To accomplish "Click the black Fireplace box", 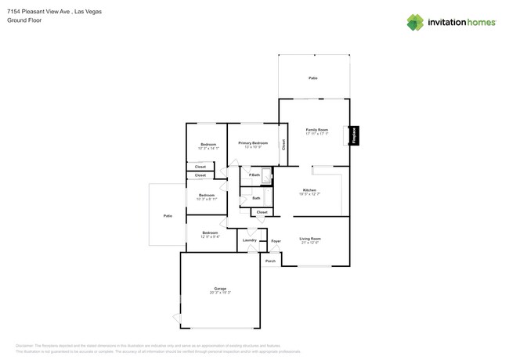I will tap(354, 135).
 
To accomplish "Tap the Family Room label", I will tap(316, 130).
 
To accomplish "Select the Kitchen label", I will tap(310, 191).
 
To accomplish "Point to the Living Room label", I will tap(310, 239).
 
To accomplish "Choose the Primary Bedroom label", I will tap(253, 143).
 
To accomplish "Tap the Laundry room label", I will tap(249, 240).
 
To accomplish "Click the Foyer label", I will tap(276, 241).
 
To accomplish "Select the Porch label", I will tap(270, 261).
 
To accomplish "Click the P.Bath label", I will tap(254, 175).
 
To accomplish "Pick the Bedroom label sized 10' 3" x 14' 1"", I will tap(208, 145).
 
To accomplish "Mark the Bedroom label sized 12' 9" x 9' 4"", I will tap(209, 232).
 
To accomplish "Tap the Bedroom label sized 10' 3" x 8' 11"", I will tap(206, 195).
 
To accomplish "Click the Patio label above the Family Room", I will tap(313, 78).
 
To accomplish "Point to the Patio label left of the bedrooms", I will tap(167, 215).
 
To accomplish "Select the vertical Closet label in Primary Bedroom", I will tap(283, 145).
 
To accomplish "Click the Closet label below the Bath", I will tap(262, 212).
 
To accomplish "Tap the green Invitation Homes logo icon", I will tap(414, 23).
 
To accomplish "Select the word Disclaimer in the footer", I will tap(27, 345).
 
